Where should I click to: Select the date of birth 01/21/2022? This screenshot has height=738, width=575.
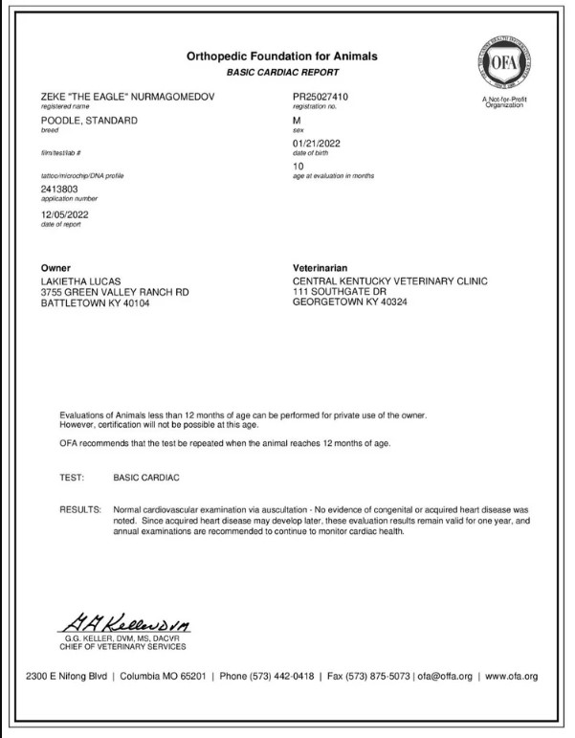point(317,145)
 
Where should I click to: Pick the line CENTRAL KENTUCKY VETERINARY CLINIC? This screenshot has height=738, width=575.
point(390,281)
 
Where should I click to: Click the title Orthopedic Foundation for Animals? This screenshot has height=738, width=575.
point(281,56)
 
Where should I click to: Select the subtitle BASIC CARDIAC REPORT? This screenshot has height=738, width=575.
point(281,73)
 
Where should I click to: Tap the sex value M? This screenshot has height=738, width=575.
point(297,121)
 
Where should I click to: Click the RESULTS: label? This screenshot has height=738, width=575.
point(80,512)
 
